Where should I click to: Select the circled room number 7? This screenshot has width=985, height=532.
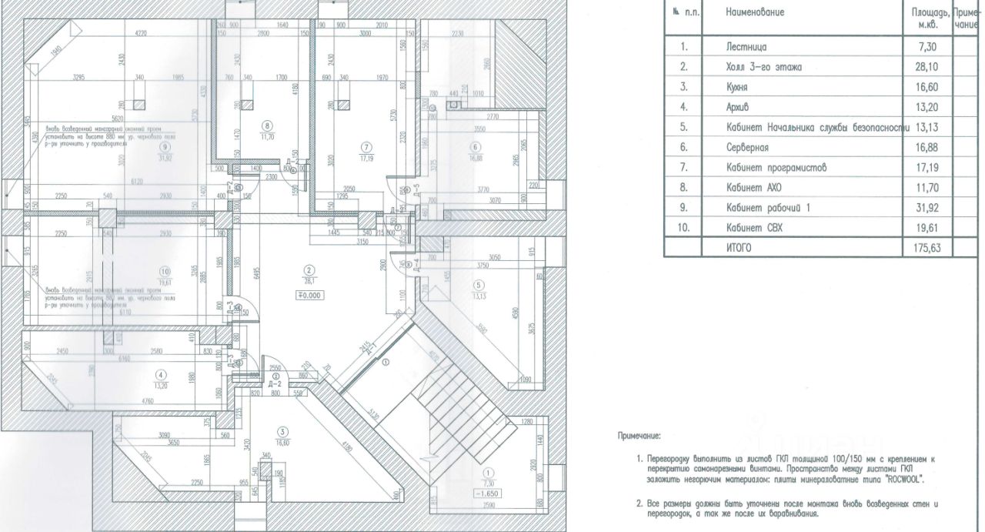(x=366, y=146)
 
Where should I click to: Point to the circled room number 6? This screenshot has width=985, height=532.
(x=475, y=146)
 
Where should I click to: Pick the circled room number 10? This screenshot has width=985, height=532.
(x=163, y=270)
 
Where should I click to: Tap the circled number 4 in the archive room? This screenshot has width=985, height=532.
(x=160, y=374)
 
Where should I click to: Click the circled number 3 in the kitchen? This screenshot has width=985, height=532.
(x=283, y=431)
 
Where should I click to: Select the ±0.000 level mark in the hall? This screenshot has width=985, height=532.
(x=309, y=294)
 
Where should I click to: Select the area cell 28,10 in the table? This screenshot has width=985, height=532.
(x=927, y=67)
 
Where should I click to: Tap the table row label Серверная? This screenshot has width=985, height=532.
(x=750, y=147)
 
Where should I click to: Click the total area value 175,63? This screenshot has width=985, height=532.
(x=927, y=248)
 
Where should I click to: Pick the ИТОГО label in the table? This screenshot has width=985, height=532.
(x=738, y=248)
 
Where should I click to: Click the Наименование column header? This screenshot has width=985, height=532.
(x=755, y=13)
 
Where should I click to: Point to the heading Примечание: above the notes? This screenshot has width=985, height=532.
(x=639, y=436)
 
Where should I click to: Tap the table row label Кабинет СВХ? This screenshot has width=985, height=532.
(x=754, y=228)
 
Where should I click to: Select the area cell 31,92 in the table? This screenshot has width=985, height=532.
(x=927, y=208)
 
